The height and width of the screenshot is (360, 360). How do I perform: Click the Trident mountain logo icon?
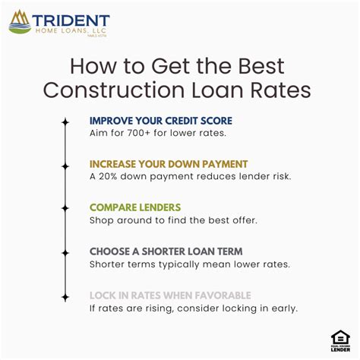21,21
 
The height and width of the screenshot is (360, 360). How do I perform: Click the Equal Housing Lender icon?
339,340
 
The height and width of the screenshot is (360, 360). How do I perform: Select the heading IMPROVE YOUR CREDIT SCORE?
160,121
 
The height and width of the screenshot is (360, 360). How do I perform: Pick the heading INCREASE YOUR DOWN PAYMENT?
168,164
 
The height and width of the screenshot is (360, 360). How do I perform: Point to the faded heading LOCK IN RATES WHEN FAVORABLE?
169,295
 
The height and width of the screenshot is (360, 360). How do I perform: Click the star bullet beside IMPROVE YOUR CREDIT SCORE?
65,122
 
